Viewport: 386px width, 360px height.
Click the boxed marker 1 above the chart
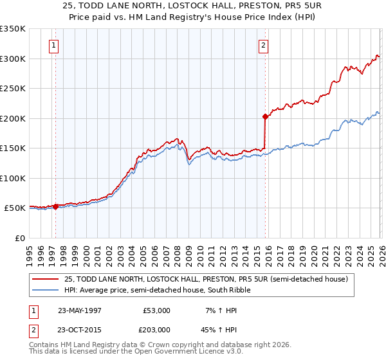[53, 45]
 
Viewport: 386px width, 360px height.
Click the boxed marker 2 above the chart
[264, 45]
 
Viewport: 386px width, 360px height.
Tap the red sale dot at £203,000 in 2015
[265, 117]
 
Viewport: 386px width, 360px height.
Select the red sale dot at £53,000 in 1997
[56, 206]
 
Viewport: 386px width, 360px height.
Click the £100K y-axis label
[13, 178]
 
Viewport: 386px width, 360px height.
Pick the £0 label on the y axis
[19, 238]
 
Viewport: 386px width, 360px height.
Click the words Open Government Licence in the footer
[172, 352]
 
